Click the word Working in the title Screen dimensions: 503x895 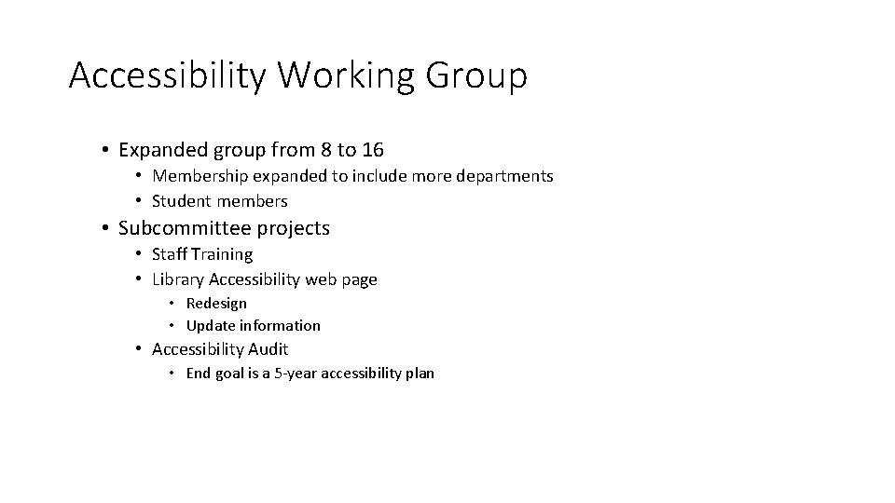click(345, 75)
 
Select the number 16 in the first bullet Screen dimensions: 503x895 click(373, 149)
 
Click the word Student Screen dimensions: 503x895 click(181, 201)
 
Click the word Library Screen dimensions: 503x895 click(178, 279)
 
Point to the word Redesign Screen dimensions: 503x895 click(216, 304)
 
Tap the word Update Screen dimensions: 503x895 click(211, 326)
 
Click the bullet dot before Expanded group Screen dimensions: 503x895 click(108, 150)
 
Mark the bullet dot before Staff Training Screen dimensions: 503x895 click(138, 254)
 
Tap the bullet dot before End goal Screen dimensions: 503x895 click(172, 374)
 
